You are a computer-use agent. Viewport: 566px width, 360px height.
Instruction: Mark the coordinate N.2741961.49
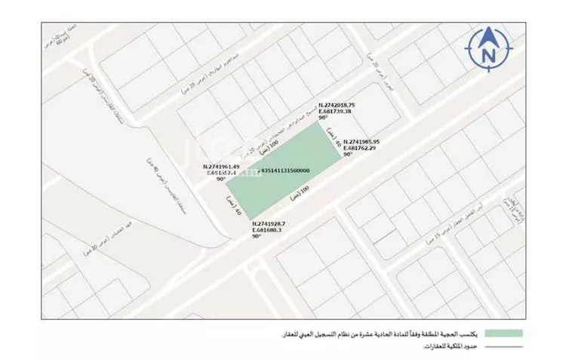[221, 167]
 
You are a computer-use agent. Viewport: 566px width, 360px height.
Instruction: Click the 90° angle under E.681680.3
[257, 236]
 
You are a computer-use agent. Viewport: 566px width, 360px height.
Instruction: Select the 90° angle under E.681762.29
[348, 154]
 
